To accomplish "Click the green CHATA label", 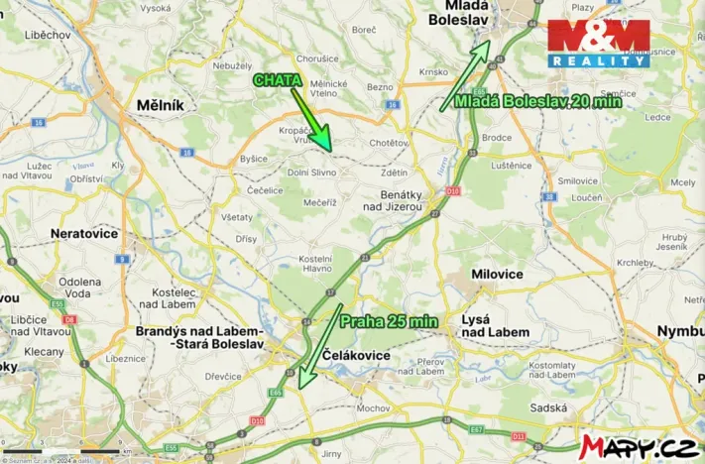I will (x=276, y=79).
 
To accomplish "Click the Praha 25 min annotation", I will (x=389, y=321).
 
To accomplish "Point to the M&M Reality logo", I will (x=599, y=44).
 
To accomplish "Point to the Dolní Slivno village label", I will (x=310, y=172).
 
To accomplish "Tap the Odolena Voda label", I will (x=78, y=287).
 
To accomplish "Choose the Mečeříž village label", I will (x=318, y=202).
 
